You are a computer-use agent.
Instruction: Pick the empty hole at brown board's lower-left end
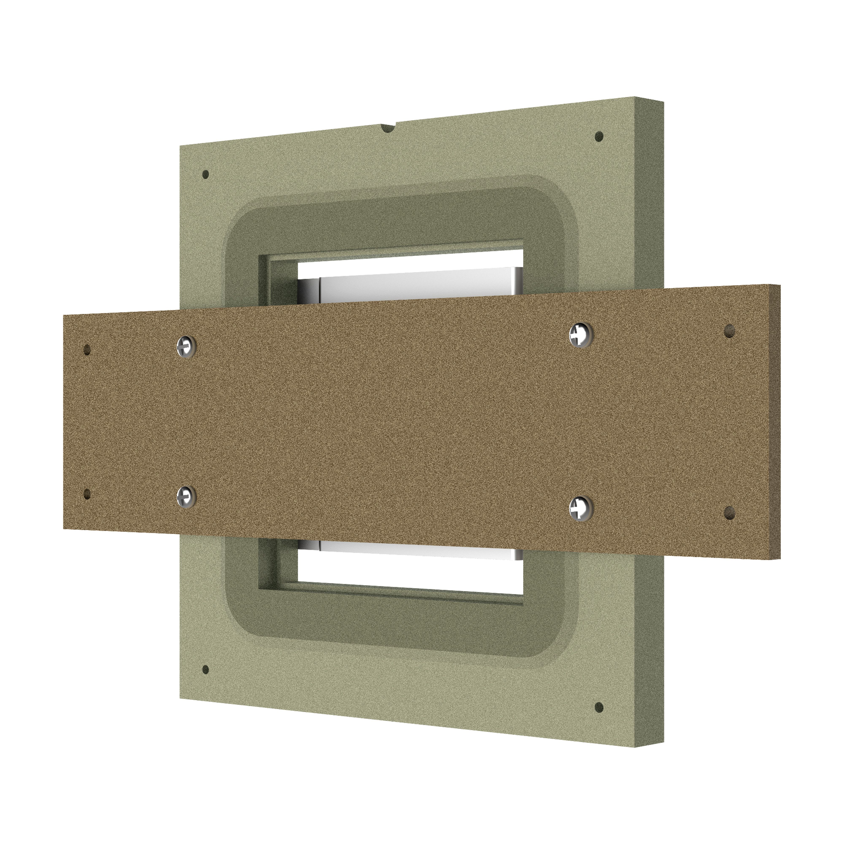click(87, 494)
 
